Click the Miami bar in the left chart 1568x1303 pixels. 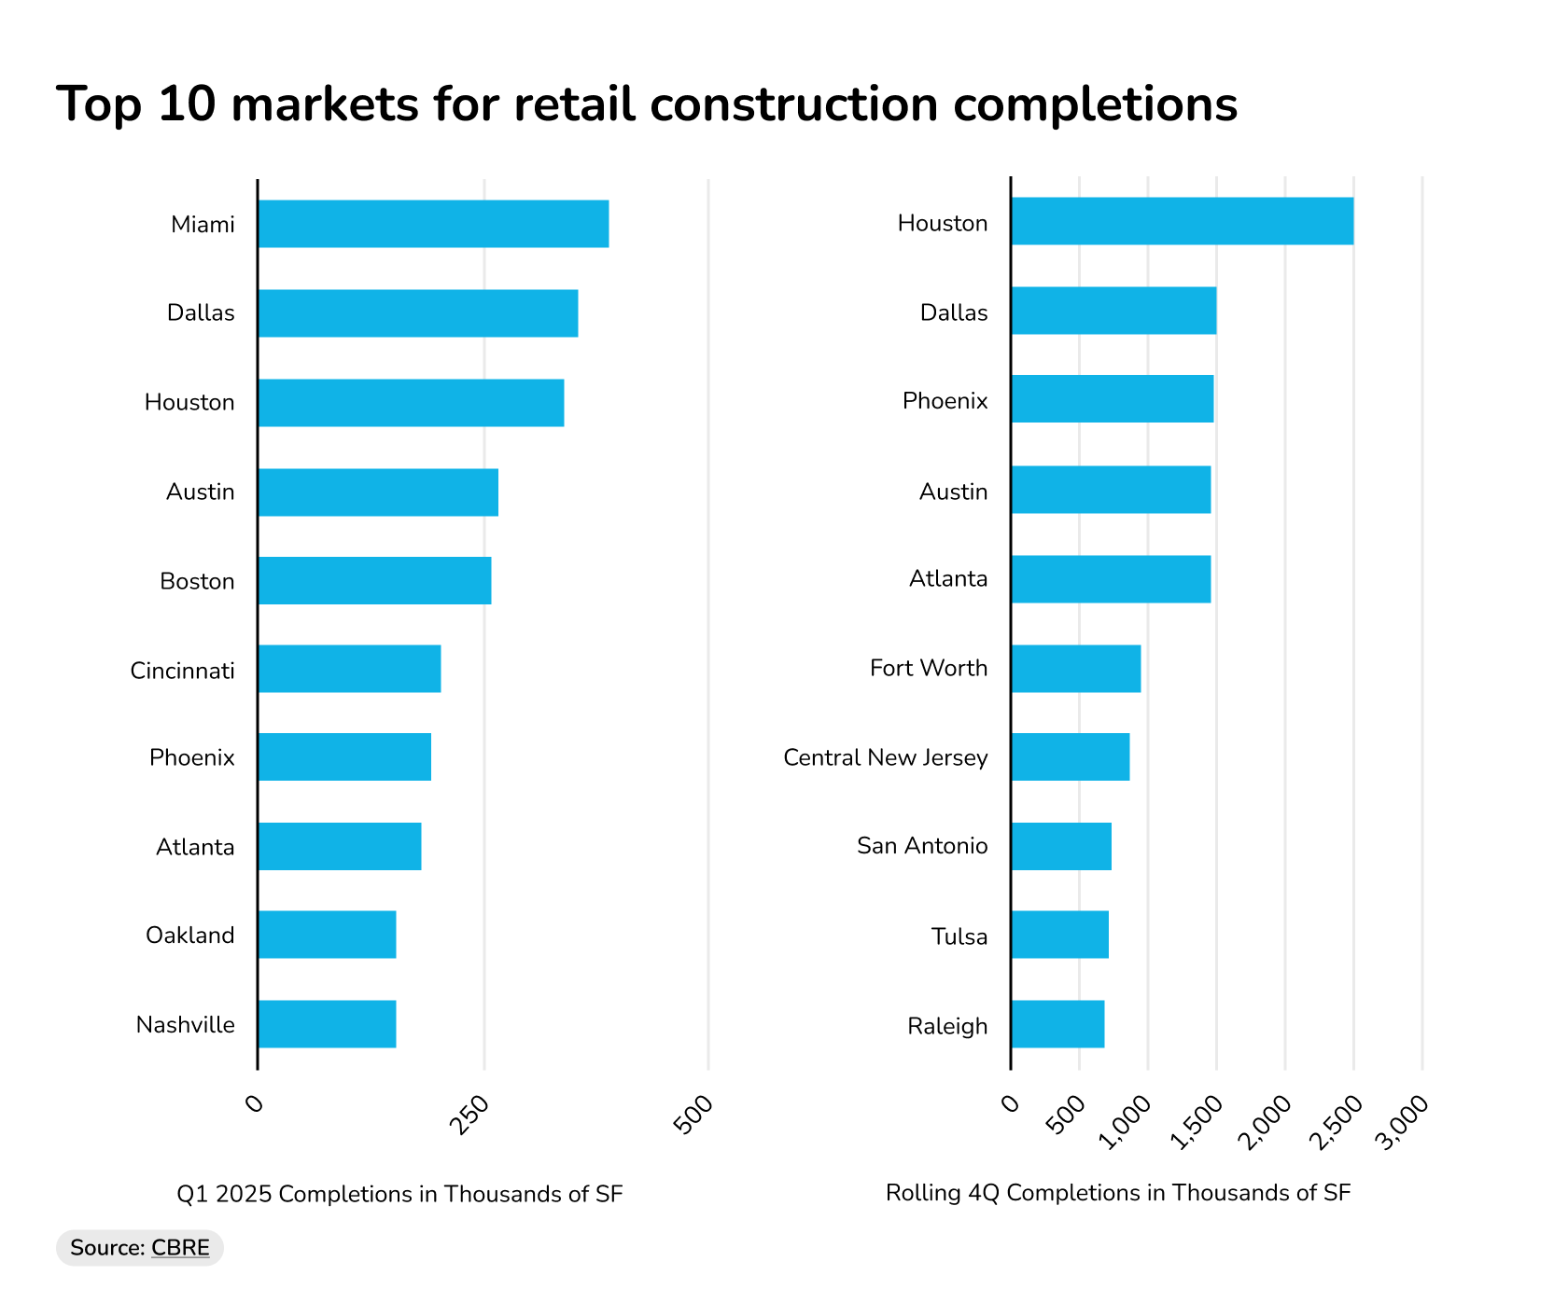(x=433, y=224)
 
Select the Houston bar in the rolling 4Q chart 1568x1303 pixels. (x=1182, y=221)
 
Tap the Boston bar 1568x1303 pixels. (x=374, y=580)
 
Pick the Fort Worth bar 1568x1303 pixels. (x=1075, y=668)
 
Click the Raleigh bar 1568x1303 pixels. (x=1057, y=1024)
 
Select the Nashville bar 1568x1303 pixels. (x=327, y=1024)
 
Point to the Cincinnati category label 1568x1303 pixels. (x=182, y=671)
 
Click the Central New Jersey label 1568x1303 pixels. (x=885, y=757)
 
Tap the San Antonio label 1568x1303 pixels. (x=922, y=846)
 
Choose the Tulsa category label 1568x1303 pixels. (x=959, y=936)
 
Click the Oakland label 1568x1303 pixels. (x=189, y=936)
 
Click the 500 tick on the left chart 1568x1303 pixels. (x=694, y=1114)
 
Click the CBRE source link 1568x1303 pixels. (x=180, y=1248)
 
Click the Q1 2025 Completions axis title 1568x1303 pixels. (x=399, y=1194)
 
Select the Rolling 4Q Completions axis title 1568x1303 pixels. (x=1117, y=1193)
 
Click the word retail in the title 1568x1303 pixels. (x=575, y=104)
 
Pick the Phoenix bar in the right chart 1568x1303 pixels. (x=1112, y=399)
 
